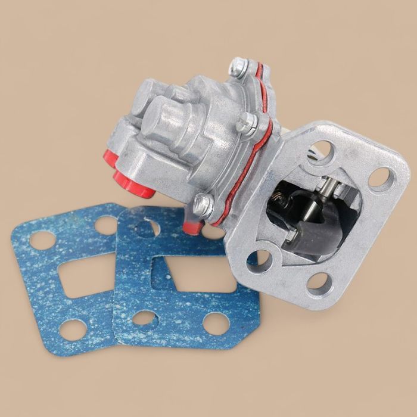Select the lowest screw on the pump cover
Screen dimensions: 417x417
click(204, 204)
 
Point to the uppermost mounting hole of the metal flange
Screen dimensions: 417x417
click(322, 152)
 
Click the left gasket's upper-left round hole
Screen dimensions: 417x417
click(42, 240)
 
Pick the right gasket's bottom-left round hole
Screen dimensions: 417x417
click(144, 318)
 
